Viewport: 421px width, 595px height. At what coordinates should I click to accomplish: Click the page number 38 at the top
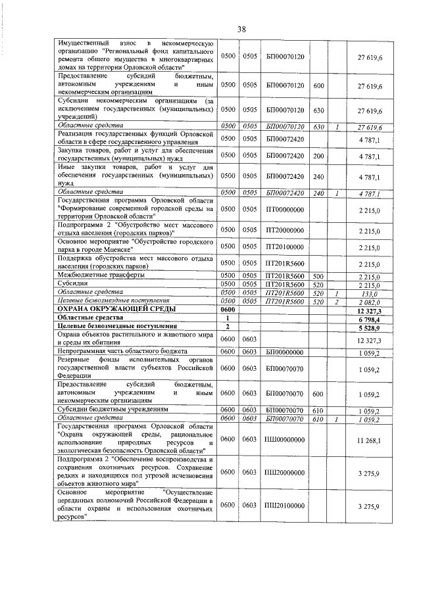[x=241, y=30]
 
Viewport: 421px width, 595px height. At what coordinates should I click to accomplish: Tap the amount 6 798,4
[x=370, y=317]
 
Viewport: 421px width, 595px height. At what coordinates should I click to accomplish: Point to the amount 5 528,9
[x=370, y=326]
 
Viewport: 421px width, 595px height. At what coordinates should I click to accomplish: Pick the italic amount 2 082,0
[x=370, y=300]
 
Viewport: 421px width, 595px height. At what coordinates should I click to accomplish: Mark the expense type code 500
[x=318, y=276]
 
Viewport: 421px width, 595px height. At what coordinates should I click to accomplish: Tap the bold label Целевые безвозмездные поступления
[x=118, y=325]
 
